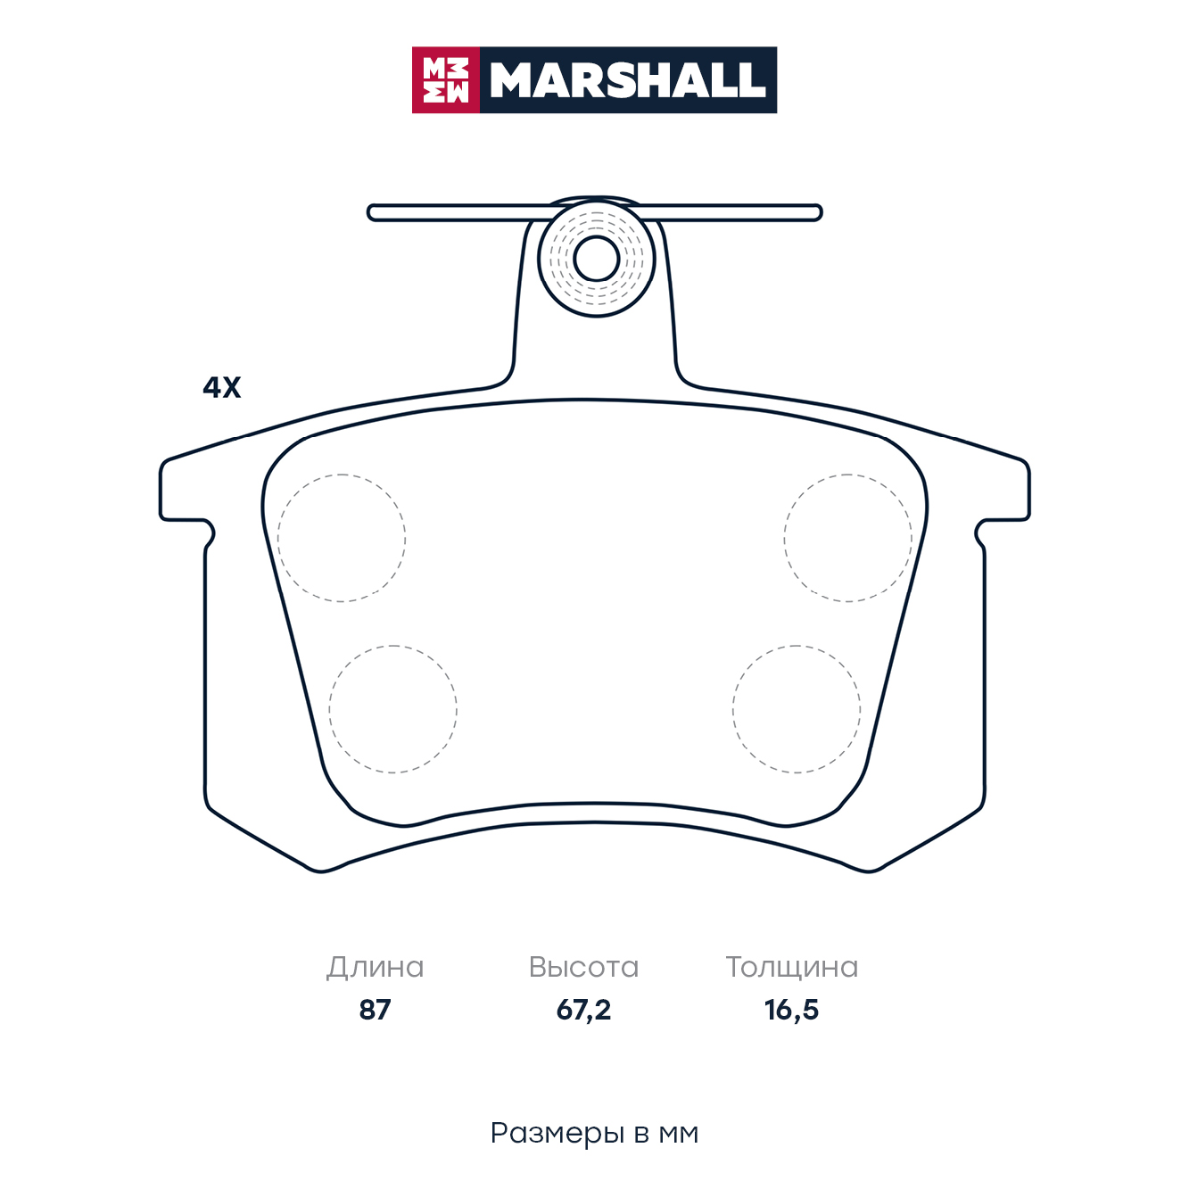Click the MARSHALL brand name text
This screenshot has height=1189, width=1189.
(628, 80)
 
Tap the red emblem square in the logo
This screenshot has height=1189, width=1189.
(445, 80)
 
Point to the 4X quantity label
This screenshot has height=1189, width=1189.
(221, 387)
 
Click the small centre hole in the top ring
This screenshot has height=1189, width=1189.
(596, 259)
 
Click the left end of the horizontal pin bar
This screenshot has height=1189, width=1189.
(368, 213)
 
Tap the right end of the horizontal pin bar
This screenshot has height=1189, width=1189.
(822, 213)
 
